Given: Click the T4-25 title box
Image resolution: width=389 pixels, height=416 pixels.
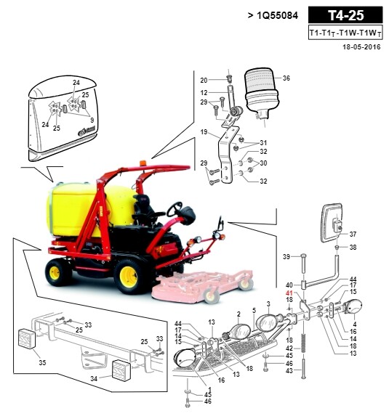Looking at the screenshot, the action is click(x=345, y=15).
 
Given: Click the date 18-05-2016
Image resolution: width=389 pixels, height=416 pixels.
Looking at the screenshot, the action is click(x=361, y=47).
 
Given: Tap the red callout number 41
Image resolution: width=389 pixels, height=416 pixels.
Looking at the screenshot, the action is click(x=289, y=293).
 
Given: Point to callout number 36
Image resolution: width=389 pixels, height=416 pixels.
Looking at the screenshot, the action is click(x=286, y=78).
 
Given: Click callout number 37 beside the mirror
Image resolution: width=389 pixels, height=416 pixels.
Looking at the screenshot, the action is click(x=353, y=234).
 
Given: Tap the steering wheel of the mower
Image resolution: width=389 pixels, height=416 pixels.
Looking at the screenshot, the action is click(x=175, y=209).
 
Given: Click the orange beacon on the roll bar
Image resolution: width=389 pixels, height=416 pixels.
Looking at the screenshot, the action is click(x=143, y=163).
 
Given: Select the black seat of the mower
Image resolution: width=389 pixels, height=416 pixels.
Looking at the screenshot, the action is click(x=145, y=209).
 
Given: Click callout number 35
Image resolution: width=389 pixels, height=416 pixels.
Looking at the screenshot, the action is click(x=42, y=362).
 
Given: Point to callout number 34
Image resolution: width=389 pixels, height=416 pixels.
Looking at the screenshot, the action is click(x=94, y=378).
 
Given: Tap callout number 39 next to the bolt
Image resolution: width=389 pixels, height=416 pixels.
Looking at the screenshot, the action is click(x=286, y=257).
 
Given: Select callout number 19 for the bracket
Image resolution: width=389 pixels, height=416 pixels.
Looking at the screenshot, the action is click(x=204, y=132).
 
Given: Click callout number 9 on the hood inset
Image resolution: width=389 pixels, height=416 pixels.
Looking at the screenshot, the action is click(x=92, y=120).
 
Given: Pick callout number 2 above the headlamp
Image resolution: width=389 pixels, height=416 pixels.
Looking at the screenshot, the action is click(x=238, y=314).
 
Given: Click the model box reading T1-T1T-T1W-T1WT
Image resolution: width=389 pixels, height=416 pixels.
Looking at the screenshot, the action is click(x=345, y=33).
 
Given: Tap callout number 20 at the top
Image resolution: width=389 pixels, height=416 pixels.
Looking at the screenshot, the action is click(x=204, y=80).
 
